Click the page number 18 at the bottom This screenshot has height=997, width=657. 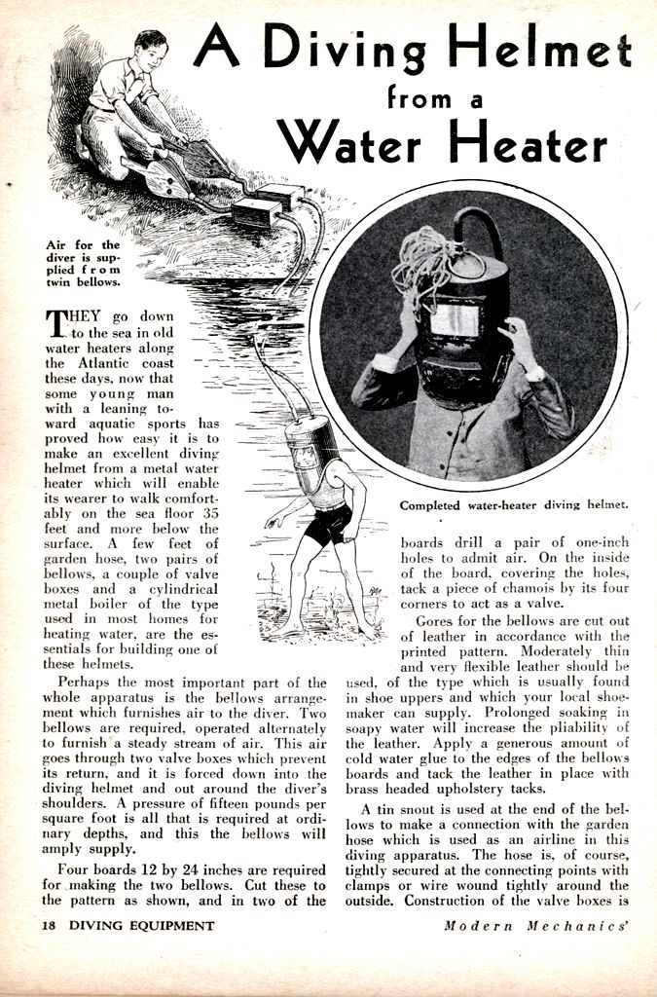click(x=49, y=925)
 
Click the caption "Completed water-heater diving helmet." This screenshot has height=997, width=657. click(x=514, y=504)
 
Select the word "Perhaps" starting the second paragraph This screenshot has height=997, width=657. click(x=88, y=683)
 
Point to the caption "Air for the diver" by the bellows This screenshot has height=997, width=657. click(x=84, y=263)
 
